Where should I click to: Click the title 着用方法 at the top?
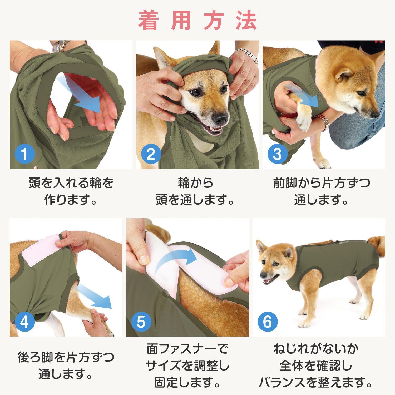coord(197,21)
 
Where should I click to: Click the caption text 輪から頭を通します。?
coord(195,192)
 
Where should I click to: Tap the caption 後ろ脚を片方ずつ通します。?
coord(66,366)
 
